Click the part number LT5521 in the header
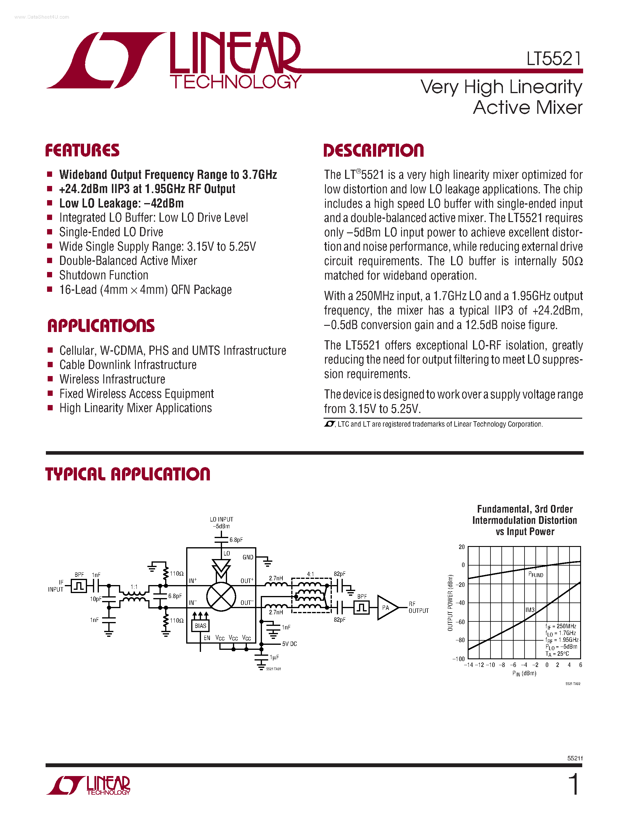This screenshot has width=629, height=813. pyautogui.click(x=554, y=59)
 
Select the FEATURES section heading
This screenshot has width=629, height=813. pyautogui.click(x=82, y=150)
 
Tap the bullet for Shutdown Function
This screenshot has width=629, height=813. pyautogui.click(x=49, y=275)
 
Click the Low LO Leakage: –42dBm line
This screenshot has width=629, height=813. pyautogui.click(x=121, y=203)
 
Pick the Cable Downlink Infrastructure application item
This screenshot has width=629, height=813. pyautogui.click(x=128, y=365)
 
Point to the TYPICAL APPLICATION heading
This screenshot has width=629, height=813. pyautogui.click(x=128, y=474)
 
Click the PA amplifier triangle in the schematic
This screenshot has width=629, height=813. pyautogui.click(x=386, y=608)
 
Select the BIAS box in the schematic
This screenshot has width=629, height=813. pyautogui.click(x=200, y=626)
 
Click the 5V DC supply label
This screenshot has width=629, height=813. pyautogui.click(x=289, y=644)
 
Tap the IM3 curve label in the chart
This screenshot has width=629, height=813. pyautogui.click(x=530, y=610)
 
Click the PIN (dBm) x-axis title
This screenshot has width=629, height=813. pyautogui.click(x=524, y=673)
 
